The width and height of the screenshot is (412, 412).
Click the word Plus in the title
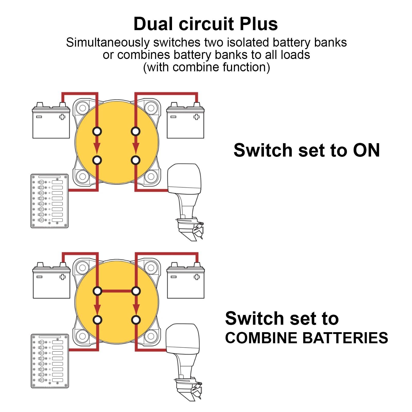pos(259,24)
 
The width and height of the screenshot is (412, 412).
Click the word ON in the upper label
pos(366,150)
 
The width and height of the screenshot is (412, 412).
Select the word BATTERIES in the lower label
pos(345,338)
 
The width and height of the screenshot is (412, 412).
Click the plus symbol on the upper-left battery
pos(62,117)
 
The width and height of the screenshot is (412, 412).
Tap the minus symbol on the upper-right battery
pos(173,117)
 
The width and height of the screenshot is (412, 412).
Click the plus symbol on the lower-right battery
pos(197,277)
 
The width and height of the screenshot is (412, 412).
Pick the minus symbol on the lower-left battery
pos(39,277)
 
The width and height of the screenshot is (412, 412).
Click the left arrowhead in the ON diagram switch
pos(97,148)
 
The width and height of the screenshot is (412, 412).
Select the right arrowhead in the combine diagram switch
pos(136,308)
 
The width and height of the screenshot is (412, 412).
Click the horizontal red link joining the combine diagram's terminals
pos(117,291)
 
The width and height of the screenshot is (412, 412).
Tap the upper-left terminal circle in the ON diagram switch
pos(97,131)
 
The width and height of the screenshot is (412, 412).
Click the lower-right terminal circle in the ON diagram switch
pos(135,160)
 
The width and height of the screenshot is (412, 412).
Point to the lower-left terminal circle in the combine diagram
pos(97,320)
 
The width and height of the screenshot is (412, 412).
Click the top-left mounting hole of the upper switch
pos(83,108)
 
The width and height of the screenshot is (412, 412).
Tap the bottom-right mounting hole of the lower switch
pos(151,336)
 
